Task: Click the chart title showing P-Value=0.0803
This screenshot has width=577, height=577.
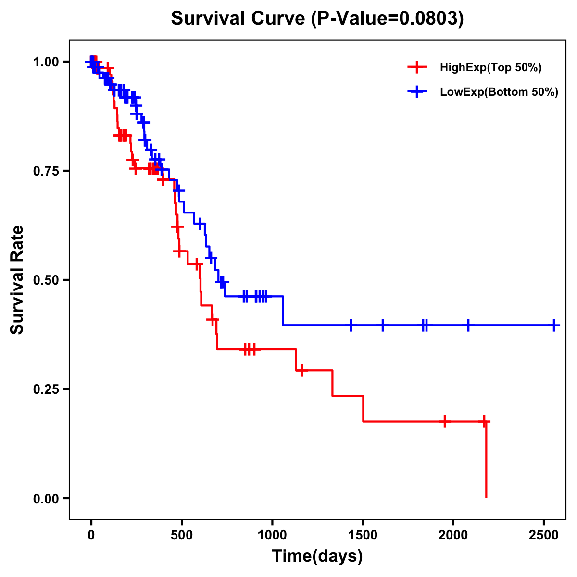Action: tap(317, 19)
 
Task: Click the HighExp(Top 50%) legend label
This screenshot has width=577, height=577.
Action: tap(490, 68)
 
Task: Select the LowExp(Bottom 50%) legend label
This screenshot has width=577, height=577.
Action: tap(499, 92)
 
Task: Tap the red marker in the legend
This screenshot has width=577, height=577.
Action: tap(417, 68)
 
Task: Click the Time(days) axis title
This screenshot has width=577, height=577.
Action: tap(317, 556)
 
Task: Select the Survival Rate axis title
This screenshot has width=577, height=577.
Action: tap(17, 280)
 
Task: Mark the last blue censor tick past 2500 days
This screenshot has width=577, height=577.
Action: tap(554, 326)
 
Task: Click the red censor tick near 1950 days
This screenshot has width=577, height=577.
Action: tap(445, 421)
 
